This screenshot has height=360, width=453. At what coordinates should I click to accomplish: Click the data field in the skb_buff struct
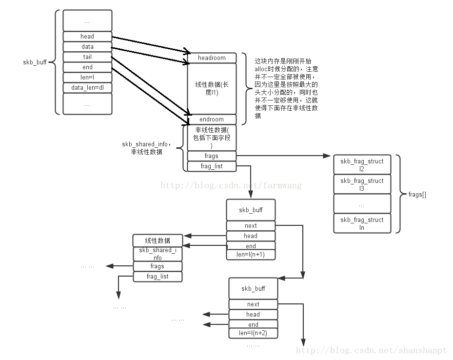[x=87, y=47]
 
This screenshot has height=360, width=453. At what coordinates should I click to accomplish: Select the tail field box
[x=87, y=57]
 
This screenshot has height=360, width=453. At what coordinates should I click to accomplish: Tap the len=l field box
[x=87, y=78]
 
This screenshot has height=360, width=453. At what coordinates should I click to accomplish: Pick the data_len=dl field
[x=87, y=88]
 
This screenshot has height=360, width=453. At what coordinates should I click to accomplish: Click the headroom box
[x=212, y=58]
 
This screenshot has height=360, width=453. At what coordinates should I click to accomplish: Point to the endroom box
[x=212, y=120]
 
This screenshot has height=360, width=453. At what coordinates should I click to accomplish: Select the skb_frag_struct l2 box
[x=362, y=165]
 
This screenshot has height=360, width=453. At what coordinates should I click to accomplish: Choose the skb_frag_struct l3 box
[x=362, y=184]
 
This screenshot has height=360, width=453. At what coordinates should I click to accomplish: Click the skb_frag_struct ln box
[x=362, y=223]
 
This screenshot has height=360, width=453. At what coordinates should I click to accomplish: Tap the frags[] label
[x=417, y=195]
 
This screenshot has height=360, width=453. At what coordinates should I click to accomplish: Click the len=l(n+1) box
[x=251, y=255]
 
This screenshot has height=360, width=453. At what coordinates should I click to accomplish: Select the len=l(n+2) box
[x=253, y=334]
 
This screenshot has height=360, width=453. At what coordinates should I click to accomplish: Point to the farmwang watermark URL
[x=231, y=185]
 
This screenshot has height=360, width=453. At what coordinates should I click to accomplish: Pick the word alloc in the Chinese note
[x=262, y=70]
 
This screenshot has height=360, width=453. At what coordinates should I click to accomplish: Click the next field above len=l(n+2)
[x=253, y=304]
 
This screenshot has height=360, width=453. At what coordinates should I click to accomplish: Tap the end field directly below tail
[x=87, y=67]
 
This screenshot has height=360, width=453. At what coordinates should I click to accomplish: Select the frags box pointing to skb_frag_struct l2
[x=212, y=156]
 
